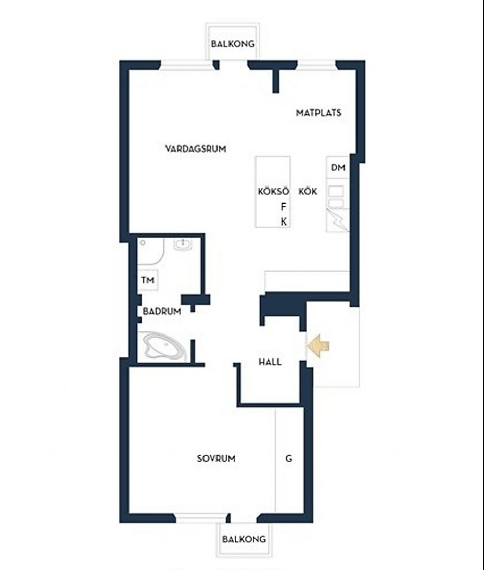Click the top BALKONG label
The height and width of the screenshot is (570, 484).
point(233,44)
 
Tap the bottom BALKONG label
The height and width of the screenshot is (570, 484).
point(244,539)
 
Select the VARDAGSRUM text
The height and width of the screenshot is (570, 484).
point(196,148)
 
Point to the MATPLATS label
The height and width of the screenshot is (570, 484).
point(319,113)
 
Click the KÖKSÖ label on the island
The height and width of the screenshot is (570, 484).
point(273,191)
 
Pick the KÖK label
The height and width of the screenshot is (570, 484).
point(308,191)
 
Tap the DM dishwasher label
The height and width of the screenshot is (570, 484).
point(338,168)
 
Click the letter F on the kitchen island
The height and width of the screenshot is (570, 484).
point(284,206)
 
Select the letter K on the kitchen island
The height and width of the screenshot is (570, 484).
point(284,221)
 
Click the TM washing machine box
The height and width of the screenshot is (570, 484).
point(148,280)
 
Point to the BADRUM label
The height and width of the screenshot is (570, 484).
point(162,311)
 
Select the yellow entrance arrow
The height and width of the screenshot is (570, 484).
point(319,346)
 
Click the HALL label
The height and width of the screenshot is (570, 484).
point(270,362)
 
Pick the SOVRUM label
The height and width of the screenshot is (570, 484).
point(216,459)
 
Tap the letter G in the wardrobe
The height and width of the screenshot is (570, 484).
point(289,459)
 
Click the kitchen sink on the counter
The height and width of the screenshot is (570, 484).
point(336,196)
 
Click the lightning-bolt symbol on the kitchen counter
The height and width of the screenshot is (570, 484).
point(338,220)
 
